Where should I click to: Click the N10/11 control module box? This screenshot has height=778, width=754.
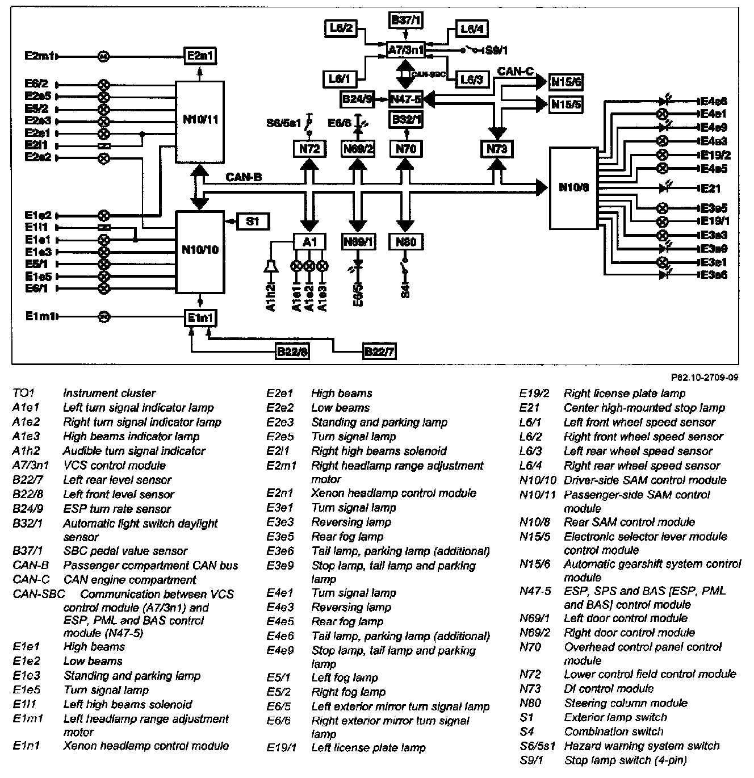(200, 119)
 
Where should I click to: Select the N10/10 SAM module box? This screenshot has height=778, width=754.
(200, 250)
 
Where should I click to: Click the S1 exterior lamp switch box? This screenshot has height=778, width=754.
(253, 221)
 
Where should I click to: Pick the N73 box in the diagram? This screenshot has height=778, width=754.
(497, 149)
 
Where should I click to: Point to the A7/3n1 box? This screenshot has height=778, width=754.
(406, 50)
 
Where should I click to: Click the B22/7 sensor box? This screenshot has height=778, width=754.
(379, 352)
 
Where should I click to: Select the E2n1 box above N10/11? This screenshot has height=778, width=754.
(200, 56)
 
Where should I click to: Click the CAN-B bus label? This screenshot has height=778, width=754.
(244, 177)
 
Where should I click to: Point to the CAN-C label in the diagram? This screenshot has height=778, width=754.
(516, 72)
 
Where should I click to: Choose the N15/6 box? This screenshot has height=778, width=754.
(566, 82)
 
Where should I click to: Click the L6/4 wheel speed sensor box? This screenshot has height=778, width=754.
(471, 28)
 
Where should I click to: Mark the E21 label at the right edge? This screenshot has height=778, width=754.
(711, 189)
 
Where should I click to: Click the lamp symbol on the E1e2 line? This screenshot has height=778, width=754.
(103, 215)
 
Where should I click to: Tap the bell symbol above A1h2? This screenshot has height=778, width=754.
(271, 266)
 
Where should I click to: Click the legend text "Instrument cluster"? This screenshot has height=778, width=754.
(109, 393)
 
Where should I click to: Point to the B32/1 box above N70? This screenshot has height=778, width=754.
(406, 120)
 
